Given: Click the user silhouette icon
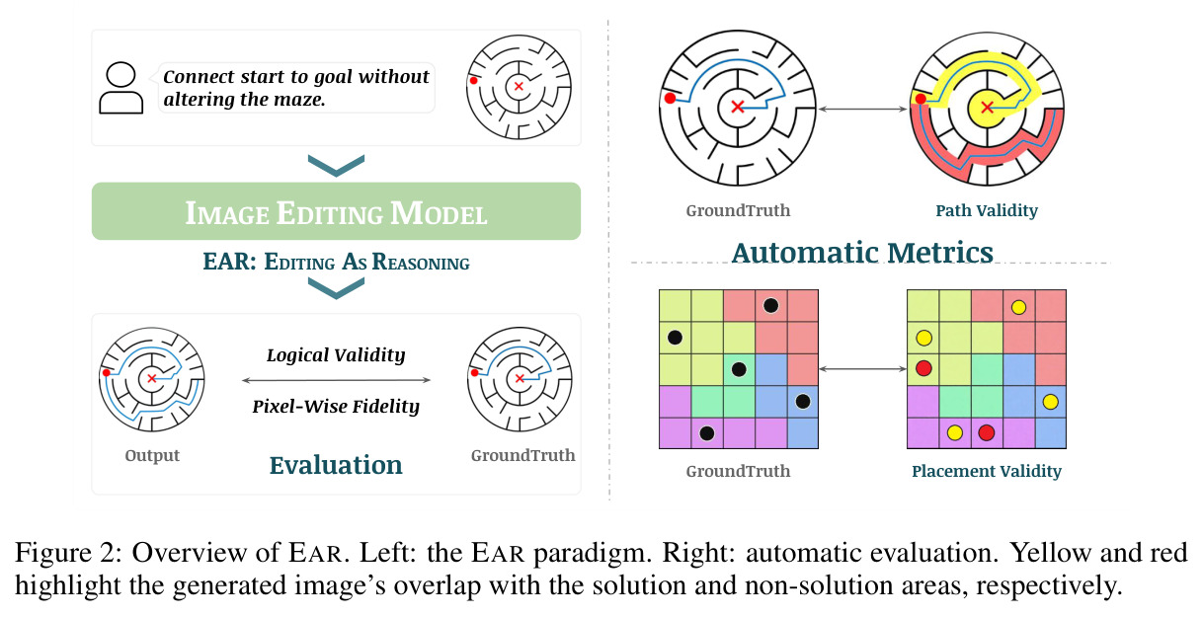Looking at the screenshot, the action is (120, 88).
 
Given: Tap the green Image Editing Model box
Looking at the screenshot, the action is (336, 211).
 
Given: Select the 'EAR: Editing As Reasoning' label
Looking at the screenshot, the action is (336, 262).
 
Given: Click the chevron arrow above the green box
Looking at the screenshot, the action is (336, 166).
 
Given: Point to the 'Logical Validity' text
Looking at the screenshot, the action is (336, 355).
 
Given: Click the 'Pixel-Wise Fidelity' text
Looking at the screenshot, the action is (336, 407).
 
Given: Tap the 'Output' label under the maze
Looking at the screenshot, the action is (152, 455).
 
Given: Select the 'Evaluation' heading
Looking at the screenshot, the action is (336, 465).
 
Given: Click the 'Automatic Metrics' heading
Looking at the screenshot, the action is (862, 253).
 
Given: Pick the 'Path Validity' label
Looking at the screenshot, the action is (987, 210).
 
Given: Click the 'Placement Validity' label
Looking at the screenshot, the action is (987, 471).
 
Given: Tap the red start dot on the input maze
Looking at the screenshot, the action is (474, 81).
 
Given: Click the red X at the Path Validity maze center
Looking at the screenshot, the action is (987, 108).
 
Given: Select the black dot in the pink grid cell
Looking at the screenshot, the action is (770, 306).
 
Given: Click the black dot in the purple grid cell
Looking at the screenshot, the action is (707, 432).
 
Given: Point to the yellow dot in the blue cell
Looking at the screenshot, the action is (1050, 402).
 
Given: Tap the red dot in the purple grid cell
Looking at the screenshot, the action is (986, 432).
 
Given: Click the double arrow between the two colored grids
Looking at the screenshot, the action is (862, 369).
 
